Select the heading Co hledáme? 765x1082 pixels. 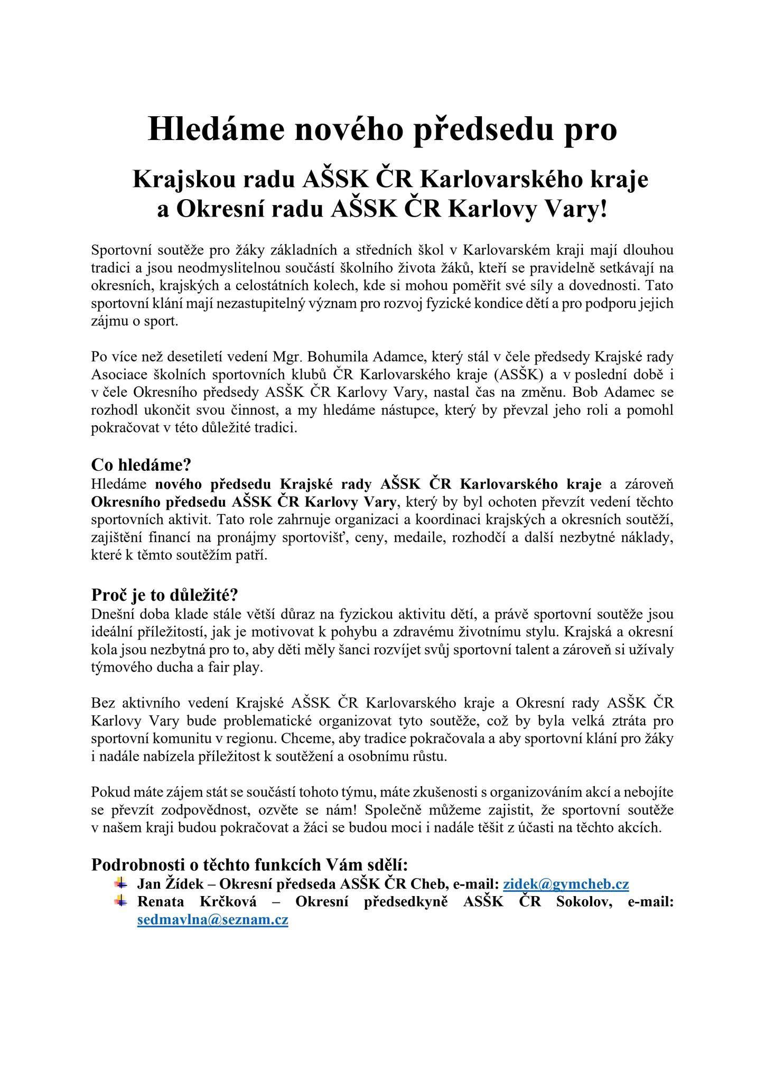[141, 465]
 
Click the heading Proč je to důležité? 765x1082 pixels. [165, 595]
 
